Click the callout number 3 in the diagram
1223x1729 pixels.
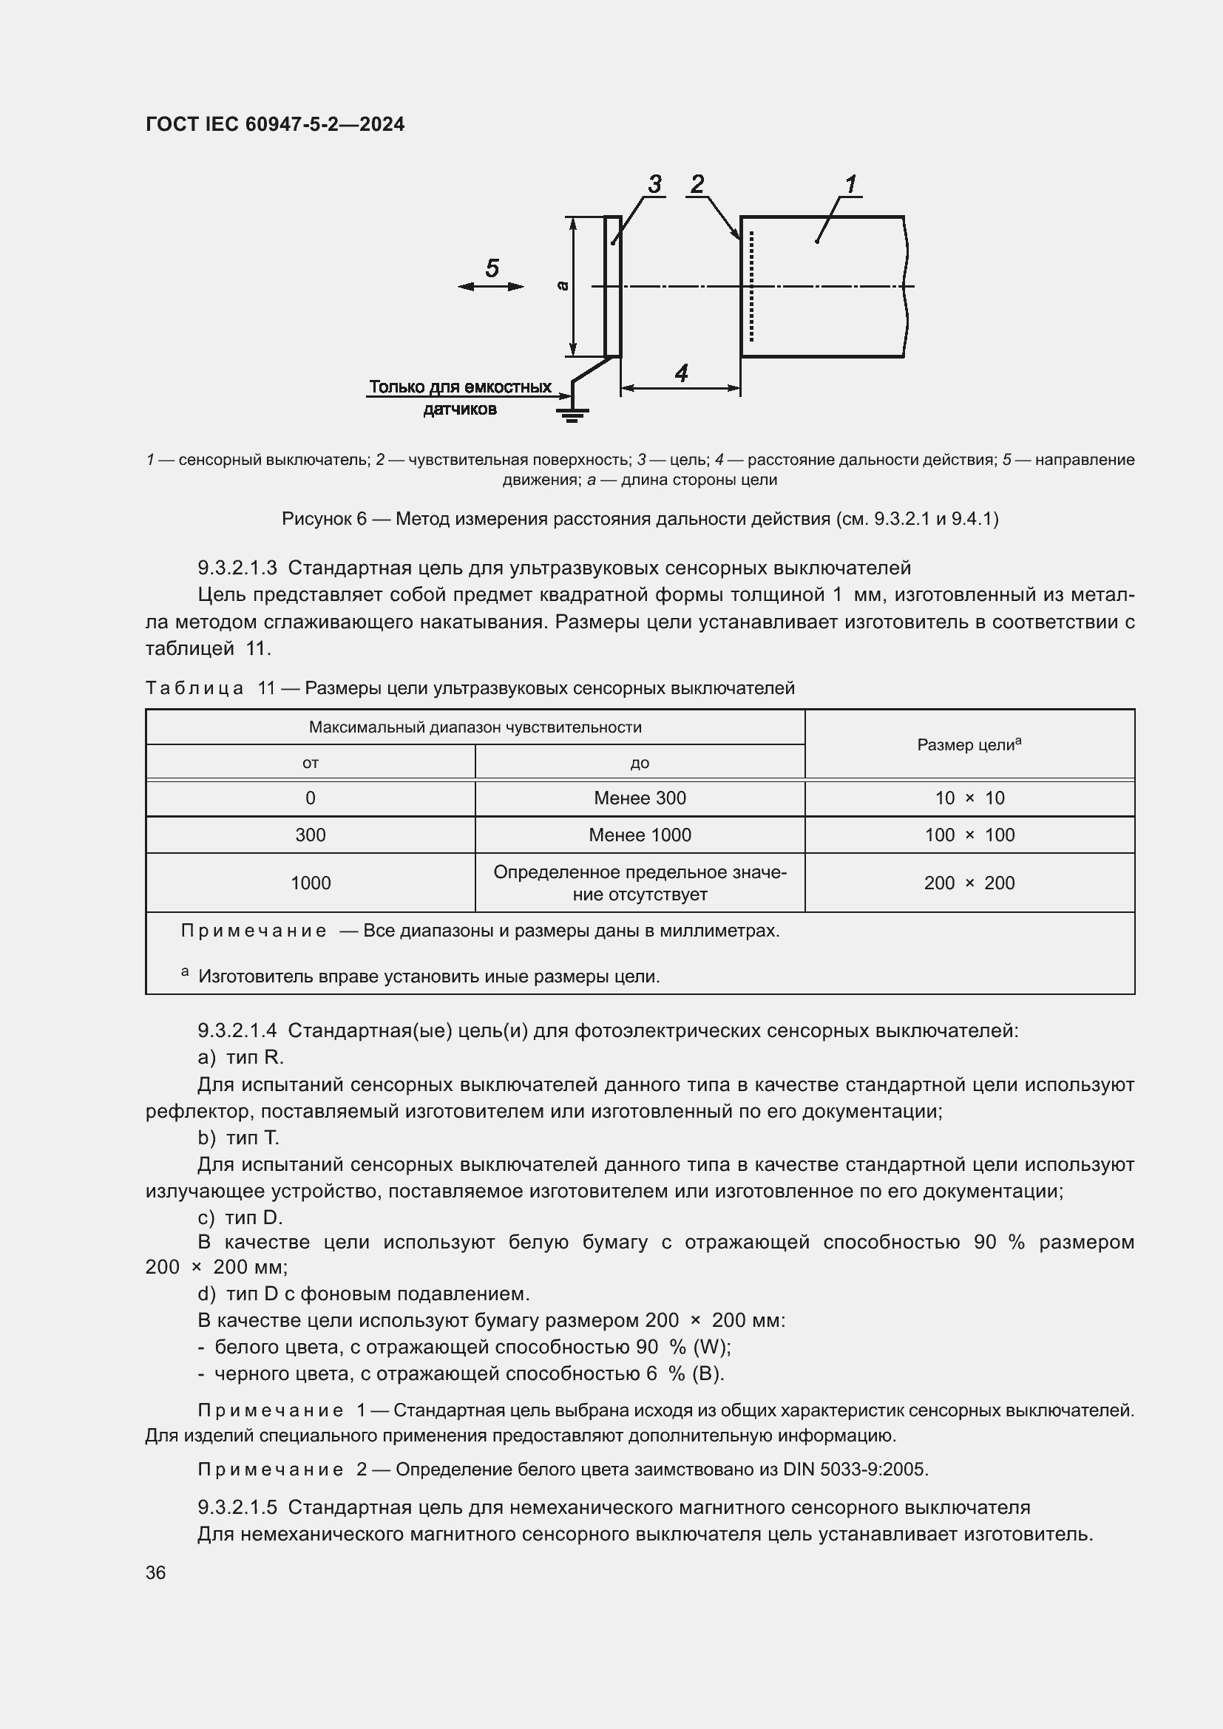coord(654,184)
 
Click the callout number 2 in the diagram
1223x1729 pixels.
coord(697,184)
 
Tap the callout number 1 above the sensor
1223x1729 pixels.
coord(850,184)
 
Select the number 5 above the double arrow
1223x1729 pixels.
coord(492,268)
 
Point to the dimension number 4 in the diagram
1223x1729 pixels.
coord(681,373)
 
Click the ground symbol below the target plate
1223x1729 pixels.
coord(572,414)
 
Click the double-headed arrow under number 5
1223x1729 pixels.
coord(491,287)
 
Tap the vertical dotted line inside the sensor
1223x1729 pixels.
coord(751,286)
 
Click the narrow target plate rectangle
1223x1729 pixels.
coord(613,286)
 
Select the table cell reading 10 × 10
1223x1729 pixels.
coord(969,798)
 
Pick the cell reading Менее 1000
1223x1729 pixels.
coord(640,835)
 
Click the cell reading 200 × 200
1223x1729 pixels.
coord(969,883)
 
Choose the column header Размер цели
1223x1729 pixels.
coord(969,745)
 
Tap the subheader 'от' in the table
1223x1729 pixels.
coord(311,763)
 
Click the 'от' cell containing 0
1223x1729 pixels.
coord(311,798)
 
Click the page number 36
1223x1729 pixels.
coord(156,1573)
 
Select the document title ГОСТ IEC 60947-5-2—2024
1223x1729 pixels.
coord(275,124)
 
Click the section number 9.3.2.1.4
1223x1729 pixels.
coord(237,1031)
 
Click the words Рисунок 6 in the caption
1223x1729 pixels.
coord(324,519)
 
